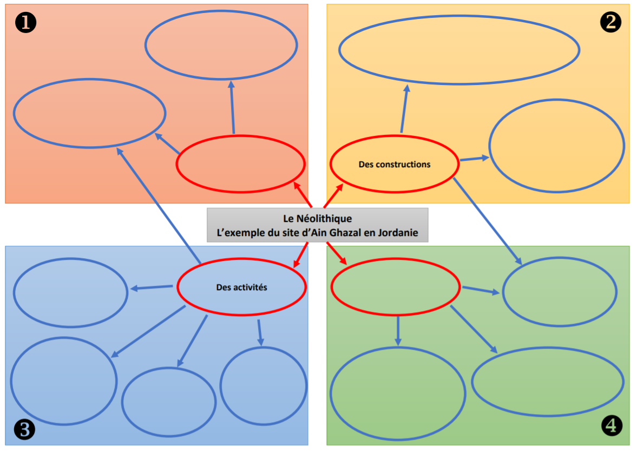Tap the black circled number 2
coord(611,22)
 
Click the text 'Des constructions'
coord(394,164)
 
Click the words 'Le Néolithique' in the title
coord(317,219)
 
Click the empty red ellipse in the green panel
coord(395,287)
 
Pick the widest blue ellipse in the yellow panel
coord(459,49)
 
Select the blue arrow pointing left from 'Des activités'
coord(153,287)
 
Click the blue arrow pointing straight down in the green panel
coord(398,330)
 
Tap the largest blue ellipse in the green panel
coord(398,394)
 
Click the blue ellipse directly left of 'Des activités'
coord(70,292)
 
